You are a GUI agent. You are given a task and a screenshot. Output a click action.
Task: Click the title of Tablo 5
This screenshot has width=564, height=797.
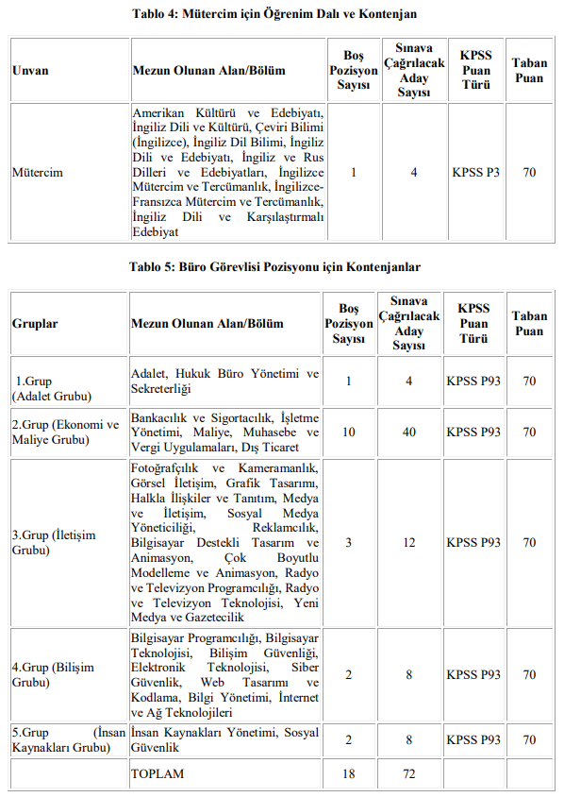click(x=274, y=267)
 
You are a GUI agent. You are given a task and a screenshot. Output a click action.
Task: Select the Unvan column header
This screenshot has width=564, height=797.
click(x=30, y=71)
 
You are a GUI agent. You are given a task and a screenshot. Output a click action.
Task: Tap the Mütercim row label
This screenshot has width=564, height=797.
click(x=36, y=173)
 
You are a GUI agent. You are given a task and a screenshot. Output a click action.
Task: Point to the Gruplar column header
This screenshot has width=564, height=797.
click(x=35, y=324)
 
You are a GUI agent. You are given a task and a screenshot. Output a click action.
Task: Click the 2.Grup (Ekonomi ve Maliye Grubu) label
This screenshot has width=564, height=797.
click(x=65, y=432)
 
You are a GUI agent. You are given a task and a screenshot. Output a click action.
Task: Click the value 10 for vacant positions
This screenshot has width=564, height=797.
click(x=349, y=432)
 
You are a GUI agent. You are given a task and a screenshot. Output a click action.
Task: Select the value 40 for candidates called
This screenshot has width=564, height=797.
click(x=408, y=432)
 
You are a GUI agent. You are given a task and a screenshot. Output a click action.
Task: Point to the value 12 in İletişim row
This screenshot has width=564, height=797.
click(x=408, y=542)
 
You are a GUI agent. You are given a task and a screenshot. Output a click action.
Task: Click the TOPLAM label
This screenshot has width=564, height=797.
click(x=158, y=773)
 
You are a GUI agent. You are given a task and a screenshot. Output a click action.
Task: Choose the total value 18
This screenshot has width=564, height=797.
click(x=349, y=773)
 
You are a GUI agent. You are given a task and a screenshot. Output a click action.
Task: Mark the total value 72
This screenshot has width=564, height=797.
click(x=408, y=773)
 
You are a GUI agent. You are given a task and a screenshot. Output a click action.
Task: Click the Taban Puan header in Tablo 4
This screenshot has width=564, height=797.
click(x=529, y=71)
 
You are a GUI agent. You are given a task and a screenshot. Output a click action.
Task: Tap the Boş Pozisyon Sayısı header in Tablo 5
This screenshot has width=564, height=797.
click(x=349, y=324)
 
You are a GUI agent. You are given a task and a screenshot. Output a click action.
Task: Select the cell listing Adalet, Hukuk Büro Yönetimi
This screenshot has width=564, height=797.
click(x=224, y=382)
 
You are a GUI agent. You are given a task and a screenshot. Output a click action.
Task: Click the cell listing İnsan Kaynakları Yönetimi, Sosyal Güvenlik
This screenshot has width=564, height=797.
click(x=224, y=739)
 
